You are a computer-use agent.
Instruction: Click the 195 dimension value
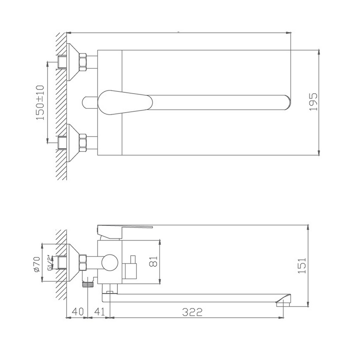coord(314,102)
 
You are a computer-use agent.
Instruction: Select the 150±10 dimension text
coord(40,102)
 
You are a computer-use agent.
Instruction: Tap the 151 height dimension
coord(302,265)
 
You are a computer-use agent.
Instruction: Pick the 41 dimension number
coord(100,312)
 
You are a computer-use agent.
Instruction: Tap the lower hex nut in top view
coord(83,142)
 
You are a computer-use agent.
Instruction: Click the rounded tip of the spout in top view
coord(287,102)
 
